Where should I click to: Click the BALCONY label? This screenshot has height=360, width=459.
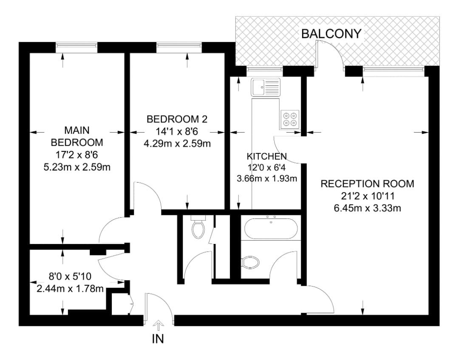point(331,34)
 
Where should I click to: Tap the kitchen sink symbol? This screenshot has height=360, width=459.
point(266,88)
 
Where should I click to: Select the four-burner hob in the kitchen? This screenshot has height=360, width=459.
point(289,119)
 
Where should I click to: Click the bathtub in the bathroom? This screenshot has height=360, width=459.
point(271,228)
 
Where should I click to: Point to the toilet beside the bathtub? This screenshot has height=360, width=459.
point(250,262)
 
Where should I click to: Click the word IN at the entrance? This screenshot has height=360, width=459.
point(158,339)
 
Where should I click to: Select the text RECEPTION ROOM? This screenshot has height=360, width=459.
point(367,184)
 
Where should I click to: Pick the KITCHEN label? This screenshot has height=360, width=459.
point(266,156)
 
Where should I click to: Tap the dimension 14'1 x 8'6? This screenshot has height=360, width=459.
point(177,132)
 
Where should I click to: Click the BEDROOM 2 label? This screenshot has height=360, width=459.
point(177,119)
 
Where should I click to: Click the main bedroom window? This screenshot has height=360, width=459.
point(77,47)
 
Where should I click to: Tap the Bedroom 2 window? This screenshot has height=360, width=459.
point(178,47)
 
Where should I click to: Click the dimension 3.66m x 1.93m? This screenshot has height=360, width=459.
point(266,179)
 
